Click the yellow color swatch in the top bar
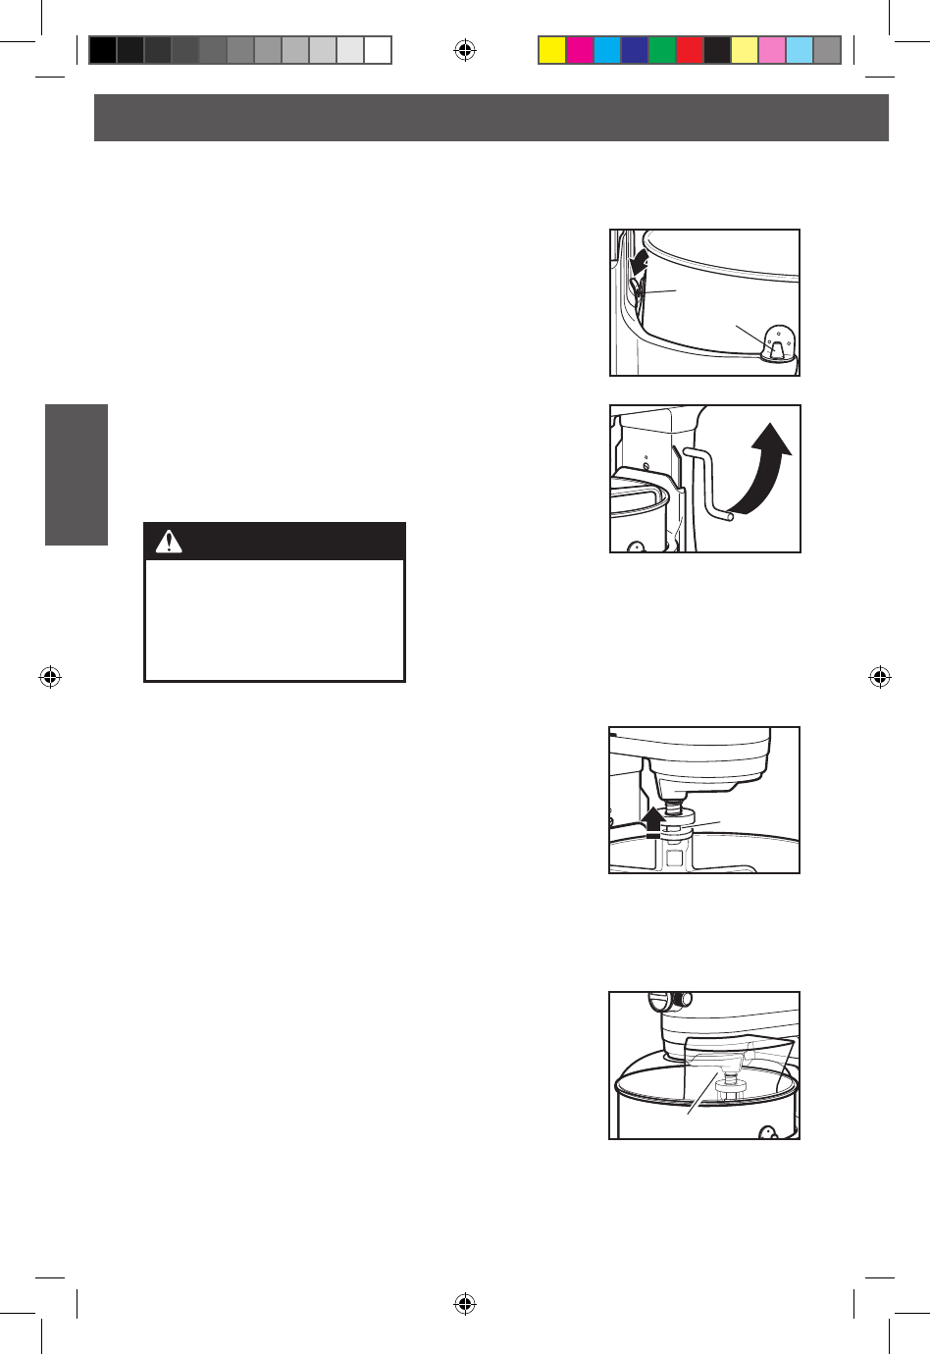[x=552, y=50]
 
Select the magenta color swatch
[x=580, y=50]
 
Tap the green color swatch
[x=662, y=50]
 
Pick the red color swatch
[x=690, y=50]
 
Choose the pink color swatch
[x=772, y=50]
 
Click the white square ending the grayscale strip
[x=378, y=50]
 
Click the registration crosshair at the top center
[x=465, y=50]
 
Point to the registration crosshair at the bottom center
[x=465, y=1304]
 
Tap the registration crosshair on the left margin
[x=50, y=677]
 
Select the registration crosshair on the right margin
[x=880, y=677]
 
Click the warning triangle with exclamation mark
[x=169, y=542]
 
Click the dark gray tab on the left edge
[x=77, y=474]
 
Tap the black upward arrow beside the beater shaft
[x=652, y=820]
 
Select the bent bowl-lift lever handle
[x=708, y=486]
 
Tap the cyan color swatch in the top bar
[x=607, y=50]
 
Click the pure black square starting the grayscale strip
[x=103, y=50]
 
